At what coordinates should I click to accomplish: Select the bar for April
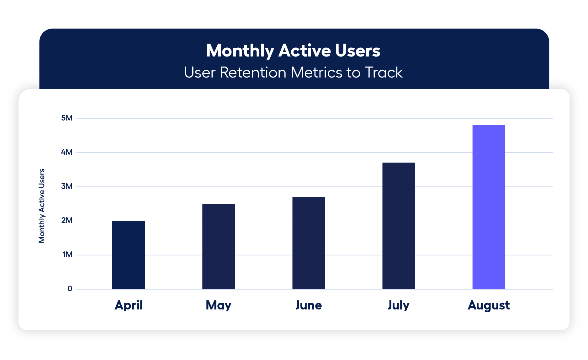129,255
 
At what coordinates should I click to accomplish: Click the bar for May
219,246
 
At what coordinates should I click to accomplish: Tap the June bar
309,243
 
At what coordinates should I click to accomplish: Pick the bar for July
399,226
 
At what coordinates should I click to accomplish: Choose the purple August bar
489,207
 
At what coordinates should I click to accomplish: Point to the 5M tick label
67,118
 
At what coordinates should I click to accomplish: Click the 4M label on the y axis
67,152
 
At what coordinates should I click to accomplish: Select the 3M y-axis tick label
67,186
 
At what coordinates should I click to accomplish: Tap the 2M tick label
67,220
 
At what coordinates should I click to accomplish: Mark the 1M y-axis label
67,255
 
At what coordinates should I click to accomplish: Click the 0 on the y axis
70,289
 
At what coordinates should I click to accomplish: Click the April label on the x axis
129,305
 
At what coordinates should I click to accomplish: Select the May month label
219,305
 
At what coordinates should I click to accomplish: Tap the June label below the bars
309,305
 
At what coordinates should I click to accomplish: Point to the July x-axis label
399,305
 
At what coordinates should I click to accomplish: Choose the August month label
489,305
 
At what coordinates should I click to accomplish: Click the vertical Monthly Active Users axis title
42,206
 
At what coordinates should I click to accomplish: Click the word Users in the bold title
358,51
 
